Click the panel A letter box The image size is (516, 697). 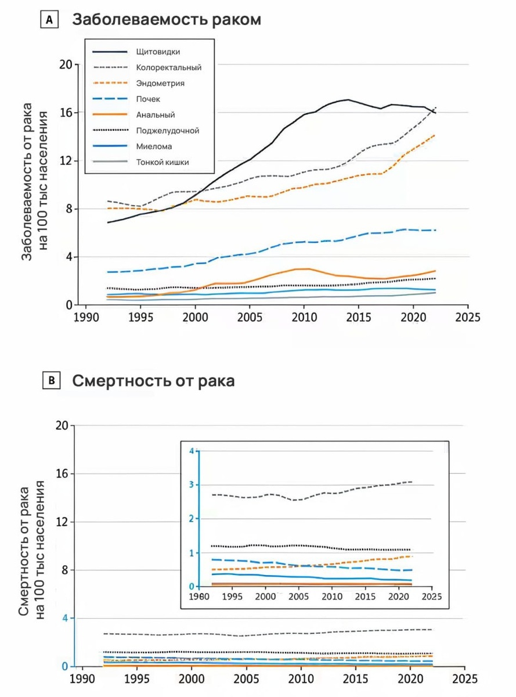[x=49, y=20]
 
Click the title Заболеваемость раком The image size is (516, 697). [x=167, y=20]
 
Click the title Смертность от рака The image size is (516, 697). [x=153, y=381]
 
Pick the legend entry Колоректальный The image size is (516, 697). [x=168, y=67]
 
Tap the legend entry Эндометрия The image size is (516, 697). [x=160, y=83]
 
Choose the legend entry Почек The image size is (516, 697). [x=148, y=99]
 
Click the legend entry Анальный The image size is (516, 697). [x=155, y=115]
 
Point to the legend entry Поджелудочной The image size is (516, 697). [x=168, y=131]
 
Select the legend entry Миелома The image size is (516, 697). [x=153, y=146]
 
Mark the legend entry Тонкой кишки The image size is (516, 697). [x=162, y=163]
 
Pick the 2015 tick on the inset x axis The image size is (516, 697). [x=366, y=597]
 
